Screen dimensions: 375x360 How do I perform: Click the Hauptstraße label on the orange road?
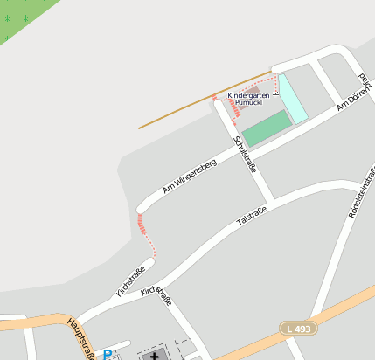click(80, 337)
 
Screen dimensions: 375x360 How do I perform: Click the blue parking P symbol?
click(108, 354)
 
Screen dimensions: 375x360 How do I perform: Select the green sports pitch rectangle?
click(266, 128)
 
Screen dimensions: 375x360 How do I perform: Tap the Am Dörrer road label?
click(354, 99)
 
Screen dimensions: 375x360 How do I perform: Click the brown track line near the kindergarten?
click(175, 114)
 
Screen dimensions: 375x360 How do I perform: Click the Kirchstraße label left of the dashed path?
click(130, 280)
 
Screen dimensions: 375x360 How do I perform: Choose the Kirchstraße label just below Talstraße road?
click(156, 295)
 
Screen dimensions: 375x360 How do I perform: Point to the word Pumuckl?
click(248, 103)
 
